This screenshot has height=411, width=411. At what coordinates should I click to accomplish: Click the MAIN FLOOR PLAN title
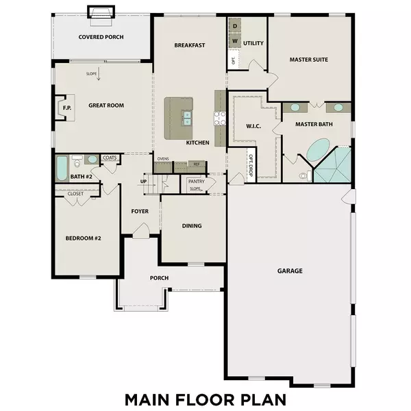(205, 398)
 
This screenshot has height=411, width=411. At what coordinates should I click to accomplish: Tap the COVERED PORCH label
(101, 37)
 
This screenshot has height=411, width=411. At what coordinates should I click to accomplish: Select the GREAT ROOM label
(105, 105)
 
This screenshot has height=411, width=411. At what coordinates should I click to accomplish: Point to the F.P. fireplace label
(67, 108)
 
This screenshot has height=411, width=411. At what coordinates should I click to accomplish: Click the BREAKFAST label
(190, 45)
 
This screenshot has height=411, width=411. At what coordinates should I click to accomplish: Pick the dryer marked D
(234, 26)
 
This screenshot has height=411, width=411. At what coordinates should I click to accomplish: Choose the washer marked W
(234, 41)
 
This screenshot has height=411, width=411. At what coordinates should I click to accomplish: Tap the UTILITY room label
(253, 42)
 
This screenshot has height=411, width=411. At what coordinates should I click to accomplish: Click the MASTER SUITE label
(308, 60)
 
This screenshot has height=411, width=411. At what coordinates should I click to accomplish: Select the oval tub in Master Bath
(316, 150)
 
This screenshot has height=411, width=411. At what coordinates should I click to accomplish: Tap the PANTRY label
(197, 182)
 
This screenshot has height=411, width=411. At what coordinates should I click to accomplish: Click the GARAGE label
(290, 271)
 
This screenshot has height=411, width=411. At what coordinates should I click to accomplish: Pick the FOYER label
(140, 211)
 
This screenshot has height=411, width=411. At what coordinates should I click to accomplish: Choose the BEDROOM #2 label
(83, 238)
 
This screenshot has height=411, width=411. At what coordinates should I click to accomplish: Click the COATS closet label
(110, 158)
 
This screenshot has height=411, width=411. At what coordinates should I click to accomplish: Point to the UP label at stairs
(143, 182)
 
